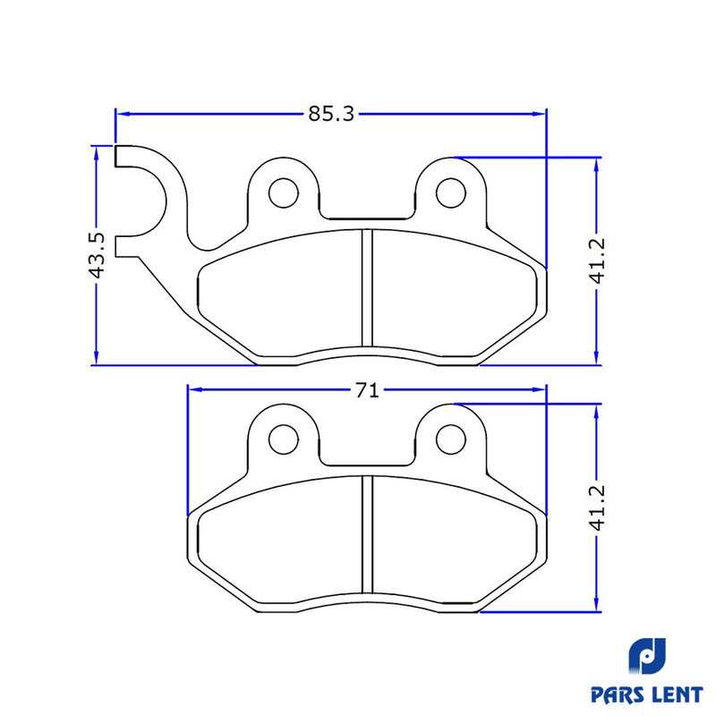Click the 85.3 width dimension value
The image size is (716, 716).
tap(331, 114)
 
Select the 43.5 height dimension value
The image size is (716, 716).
tap(97, 255)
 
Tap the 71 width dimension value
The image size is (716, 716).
tap(367, 390)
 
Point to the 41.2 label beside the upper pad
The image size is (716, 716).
tap(597, 260)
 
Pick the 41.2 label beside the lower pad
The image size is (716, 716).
tap(597, 507)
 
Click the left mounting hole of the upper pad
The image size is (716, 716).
tap(284, 193)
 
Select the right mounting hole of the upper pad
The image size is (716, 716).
tap(451, 193)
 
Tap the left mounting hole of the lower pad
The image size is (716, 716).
tap(284, 439)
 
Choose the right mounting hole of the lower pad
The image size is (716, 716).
tap(451, 439)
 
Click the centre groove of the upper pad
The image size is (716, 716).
tap(367, 287)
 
